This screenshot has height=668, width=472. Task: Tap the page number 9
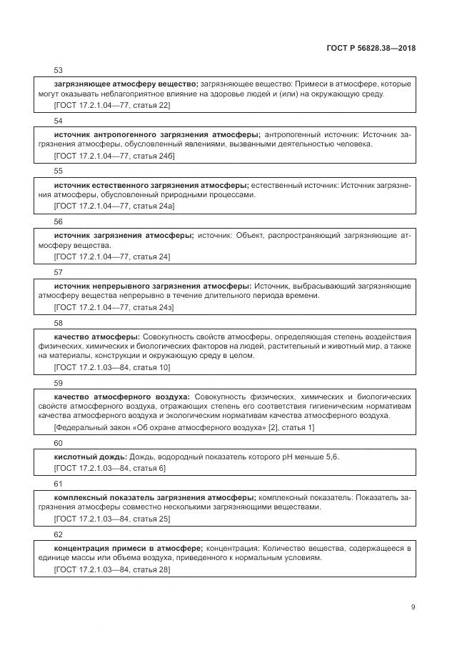[x=413, y=607]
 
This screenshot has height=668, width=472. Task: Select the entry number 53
[x=59, y=71]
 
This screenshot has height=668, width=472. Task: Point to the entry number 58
[x=59, y=323]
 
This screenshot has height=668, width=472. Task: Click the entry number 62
[x=59, y=534]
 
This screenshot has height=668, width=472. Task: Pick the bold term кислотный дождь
[x=91, y=457]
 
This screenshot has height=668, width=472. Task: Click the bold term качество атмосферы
[x=97, y=337]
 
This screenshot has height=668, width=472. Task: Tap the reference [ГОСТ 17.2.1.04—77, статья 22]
[x=112, y=105]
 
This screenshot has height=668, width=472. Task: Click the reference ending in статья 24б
[x=114, y=155]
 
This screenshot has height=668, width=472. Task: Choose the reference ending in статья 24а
[x=114, y=206]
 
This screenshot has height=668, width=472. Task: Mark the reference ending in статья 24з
[x=114, y=306]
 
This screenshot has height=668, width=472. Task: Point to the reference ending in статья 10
[x=112, y=367]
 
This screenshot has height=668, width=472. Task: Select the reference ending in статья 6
[x=110, y=468]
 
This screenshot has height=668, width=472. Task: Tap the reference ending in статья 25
[x=112, y=518]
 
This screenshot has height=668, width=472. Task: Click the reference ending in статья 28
[x=112, y=569]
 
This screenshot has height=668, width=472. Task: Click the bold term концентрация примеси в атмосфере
[x=129, y=548]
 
